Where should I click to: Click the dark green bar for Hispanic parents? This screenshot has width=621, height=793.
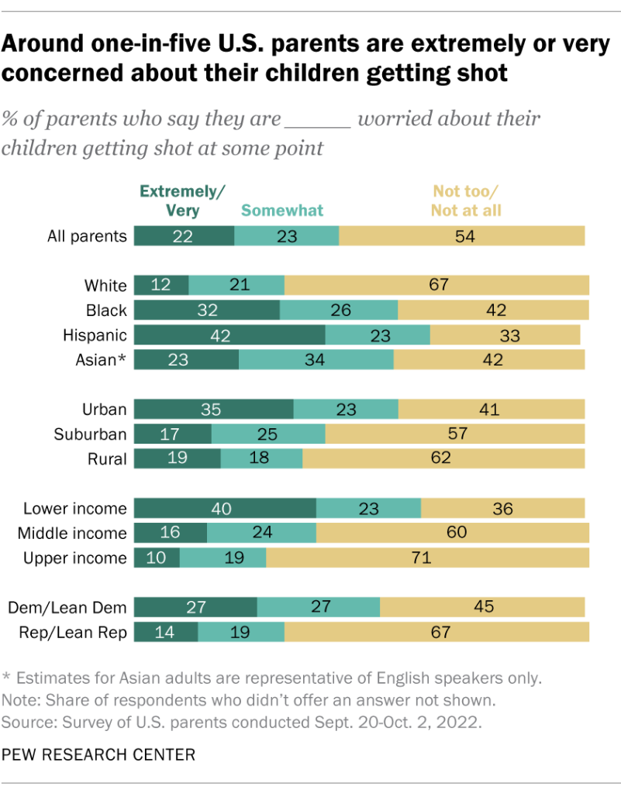tap(229, 335)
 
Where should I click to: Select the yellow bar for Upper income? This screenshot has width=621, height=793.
tap(427, 558)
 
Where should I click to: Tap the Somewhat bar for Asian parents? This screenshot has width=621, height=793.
tap(316, 360)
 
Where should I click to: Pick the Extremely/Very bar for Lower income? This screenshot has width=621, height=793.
tap(225, 509)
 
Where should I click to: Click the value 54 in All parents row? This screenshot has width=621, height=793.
tap(465, 236)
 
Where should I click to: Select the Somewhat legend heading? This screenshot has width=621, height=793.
tap(282, 210)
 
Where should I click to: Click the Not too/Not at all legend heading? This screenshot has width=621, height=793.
tap(467, 201)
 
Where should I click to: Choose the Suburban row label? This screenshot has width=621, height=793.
tap(89, 434)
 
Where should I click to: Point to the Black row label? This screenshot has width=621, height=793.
tap(106, 311)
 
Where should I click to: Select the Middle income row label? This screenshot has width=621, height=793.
tap(74, 534)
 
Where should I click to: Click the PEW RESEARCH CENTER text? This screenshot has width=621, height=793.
tap(98, 754)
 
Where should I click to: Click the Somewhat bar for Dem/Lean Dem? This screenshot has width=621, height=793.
tap(318, 608)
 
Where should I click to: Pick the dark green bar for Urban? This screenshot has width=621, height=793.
tap(213, 410)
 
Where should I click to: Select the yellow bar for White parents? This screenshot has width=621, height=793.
tap(436, 286)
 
